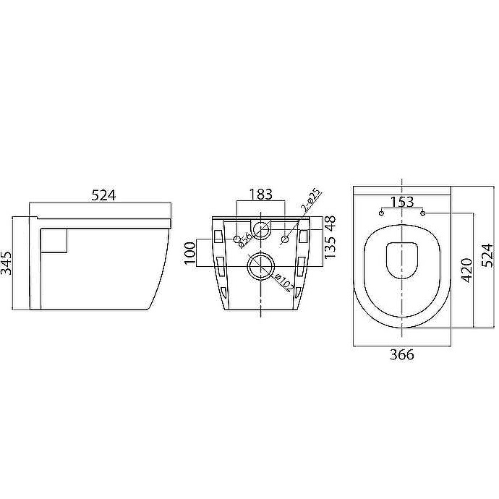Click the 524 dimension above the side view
[x=103, y=195]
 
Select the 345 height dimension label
[x=6, y=263]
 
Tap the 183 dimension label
[x=260, y=194]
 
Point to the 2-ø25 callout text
[x=310, y=201]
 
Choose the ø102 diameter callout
[x=283, y=282]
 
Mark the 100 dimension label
[x=190, y=253]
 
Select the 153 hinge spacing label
[x=402, y=202]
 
